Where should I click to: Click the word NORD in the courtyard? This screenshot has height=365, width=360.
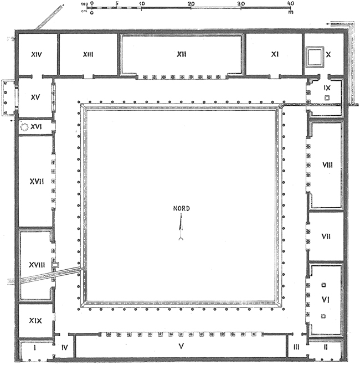[x=181, y=209]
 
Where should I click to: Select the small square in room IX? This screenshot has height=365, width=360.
[x=327, y=97]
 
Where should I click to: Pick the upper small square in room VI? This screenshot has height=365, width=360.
[x=323, y=286]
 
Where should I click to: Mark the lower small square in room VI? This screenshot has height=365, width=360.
[x=323, y=316]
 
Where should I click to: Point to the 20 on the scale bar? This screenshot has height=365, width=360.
[x=191, y=3]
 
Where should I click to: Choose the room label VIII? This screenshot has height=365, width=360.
[x=326, y=165]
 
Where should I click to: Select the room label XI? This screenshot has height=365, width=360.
[x=274, y=54]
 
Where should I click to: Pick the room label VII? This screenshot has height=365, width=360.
[x=326, y=237]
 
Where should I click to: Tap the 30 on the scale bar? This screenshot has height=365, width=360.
[x=241, y=3]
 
